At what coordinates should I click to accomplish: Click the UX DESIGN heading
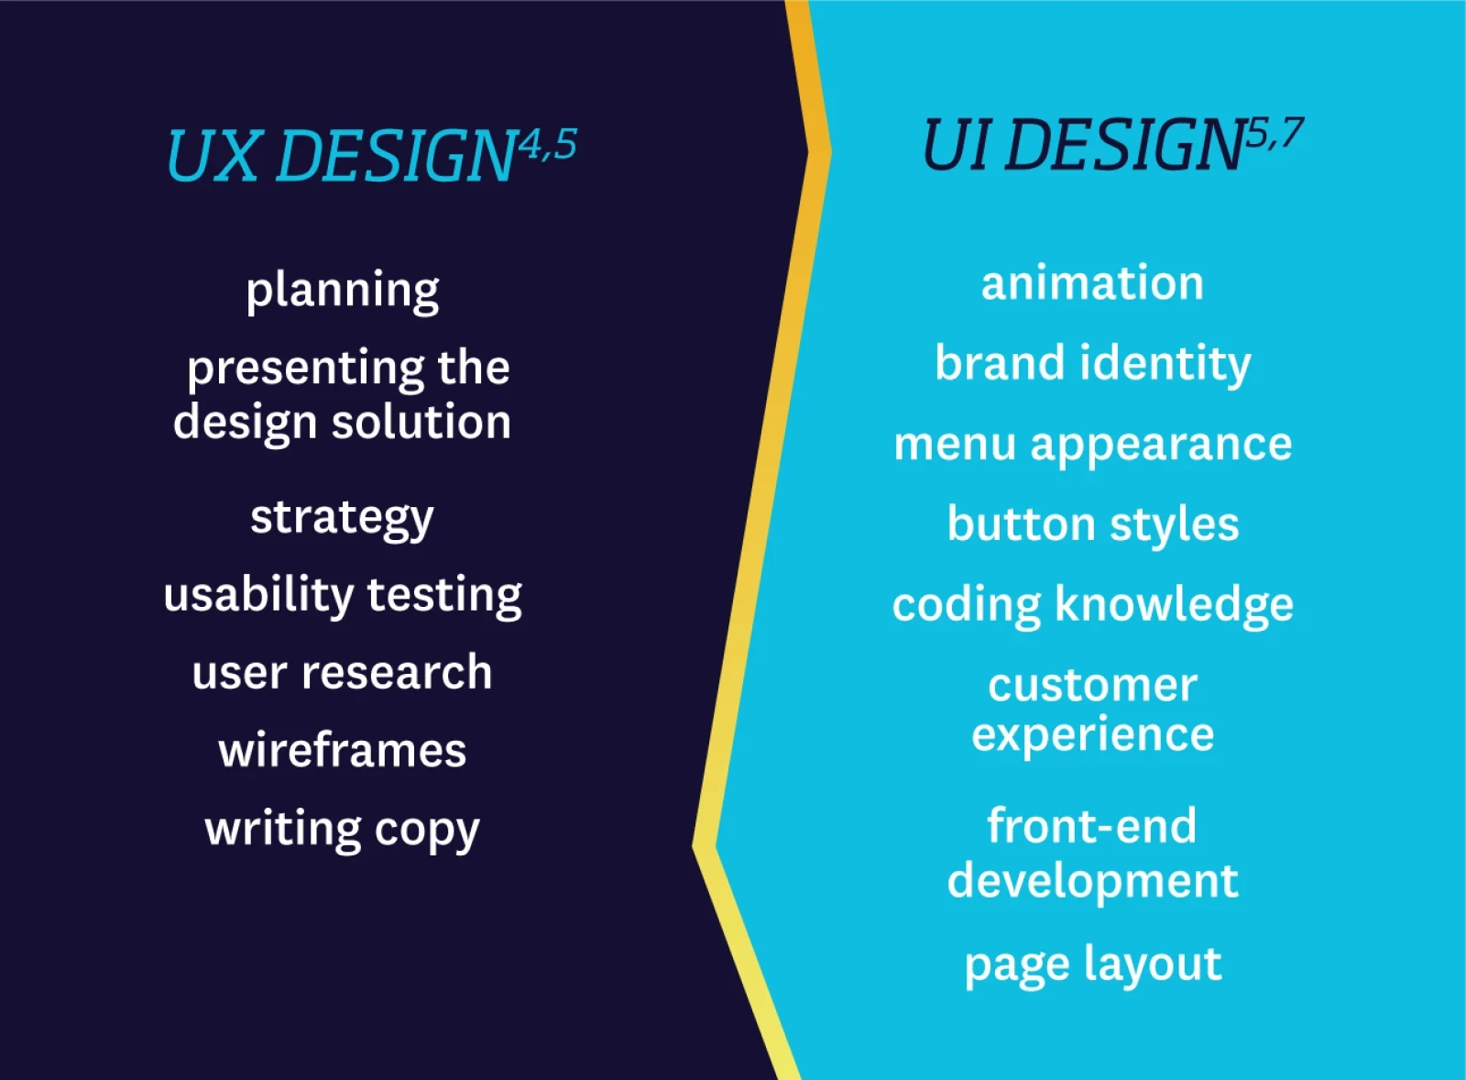click(340, 155)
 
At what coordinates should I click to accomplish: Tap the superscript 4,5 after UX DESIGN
click(548, 145)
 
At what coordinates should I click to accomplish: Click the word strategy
click(342, 519)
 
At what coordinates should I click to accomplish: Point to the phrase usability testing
click(343, 596)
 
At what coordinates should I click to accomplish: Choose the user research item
click(343, 673)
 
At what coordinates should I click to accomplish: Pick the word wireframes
click(343, 751)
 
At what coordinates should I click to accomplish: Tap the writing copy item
click(343, 831)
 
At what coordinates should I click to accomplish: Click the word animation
click(1092, 283)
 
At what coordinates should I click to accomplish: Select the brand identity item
click(1092, 364)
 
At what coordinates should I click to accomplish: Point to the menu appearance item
click(1093, 446)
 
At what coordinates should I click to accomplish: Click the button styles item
click(1093, 525)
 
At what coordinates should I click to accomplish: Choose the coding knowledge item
click(1093, 605)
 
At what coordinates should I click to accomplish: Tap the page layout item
click(1093, 965)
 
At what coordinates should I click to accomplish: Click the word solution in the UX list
click(421, 422)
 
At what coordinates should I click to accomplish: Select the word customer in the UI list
click(1093, 686)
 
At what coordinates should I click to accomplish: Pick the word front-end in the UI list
click(1092, 827)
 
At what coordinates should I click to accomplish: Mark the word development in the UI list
click(1093, 882)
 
